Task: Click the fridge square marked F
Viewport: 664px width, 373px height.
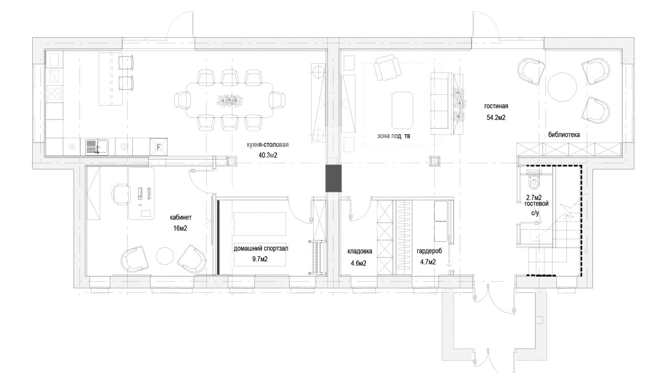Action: tap(158, 147)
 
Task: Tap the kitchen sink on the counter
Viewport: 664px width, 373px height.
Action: tap(97, 147)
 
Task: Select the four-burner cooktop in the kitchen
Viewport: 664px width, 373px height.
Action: tap(55, 93)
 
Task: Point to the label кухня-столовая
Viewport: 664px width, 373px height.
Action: tap(268, 145)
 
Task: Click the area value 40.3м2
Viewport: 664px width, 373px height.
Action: tap(268, 156)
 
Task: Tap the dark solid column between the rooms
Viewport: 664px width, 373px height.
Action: tap(334, 179)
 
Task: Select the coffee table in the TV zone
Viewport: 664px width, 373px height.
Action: tap(402, 110)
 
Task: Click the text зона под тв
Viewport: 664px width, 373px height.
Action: tap(394, 136)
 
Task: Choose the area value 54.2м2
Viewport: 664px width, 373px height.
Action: tap(496, 117)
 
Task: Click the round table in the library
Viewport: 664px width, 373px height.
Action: tap(562, 87)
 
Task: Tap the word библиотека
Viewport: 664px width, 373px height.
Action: tap(564, 135)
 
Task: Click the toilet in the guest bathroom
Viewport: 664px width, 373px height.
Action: tap(534, 181)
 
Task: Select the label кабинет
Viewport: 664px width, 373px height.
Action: tap(180, 217)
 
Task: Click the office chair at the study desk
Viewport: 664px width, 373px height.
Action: tap(121, 194)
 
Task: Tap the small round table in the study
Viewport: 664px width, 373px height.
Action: tap(164, 256)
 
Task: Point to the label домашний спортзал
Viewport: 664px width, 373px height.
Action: tap(261, 248)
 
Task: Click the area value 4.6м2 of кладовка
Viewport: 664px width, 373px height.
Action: tap(359, 263)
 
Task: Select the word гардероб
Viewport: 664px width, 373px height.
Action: tap(429, 252)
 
